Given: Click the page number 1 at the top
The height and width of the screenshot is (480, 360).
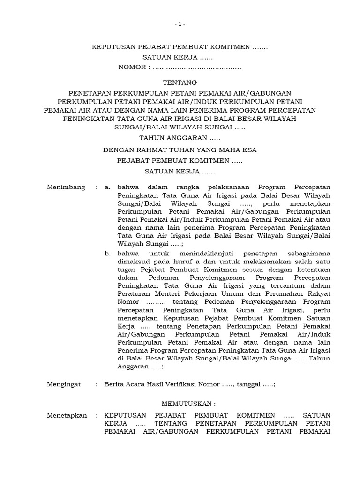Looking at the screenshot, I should [x=180, y=24].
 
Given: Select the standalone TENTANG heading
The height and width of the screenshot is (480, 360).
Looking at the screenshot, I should [x=180, y=82].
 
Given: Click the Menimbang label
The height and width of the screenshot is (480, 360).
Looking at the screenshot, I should [x=66, y=187].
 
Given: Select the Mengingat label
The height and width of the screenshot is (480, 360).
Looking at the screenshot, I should [x=64, y=384].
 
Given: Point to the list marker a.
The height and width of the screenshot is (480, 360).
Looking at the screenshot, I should [x=107, y=187].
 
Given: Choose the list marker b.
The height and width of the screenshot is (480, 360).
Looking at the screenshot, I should [x=107, y=253].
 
